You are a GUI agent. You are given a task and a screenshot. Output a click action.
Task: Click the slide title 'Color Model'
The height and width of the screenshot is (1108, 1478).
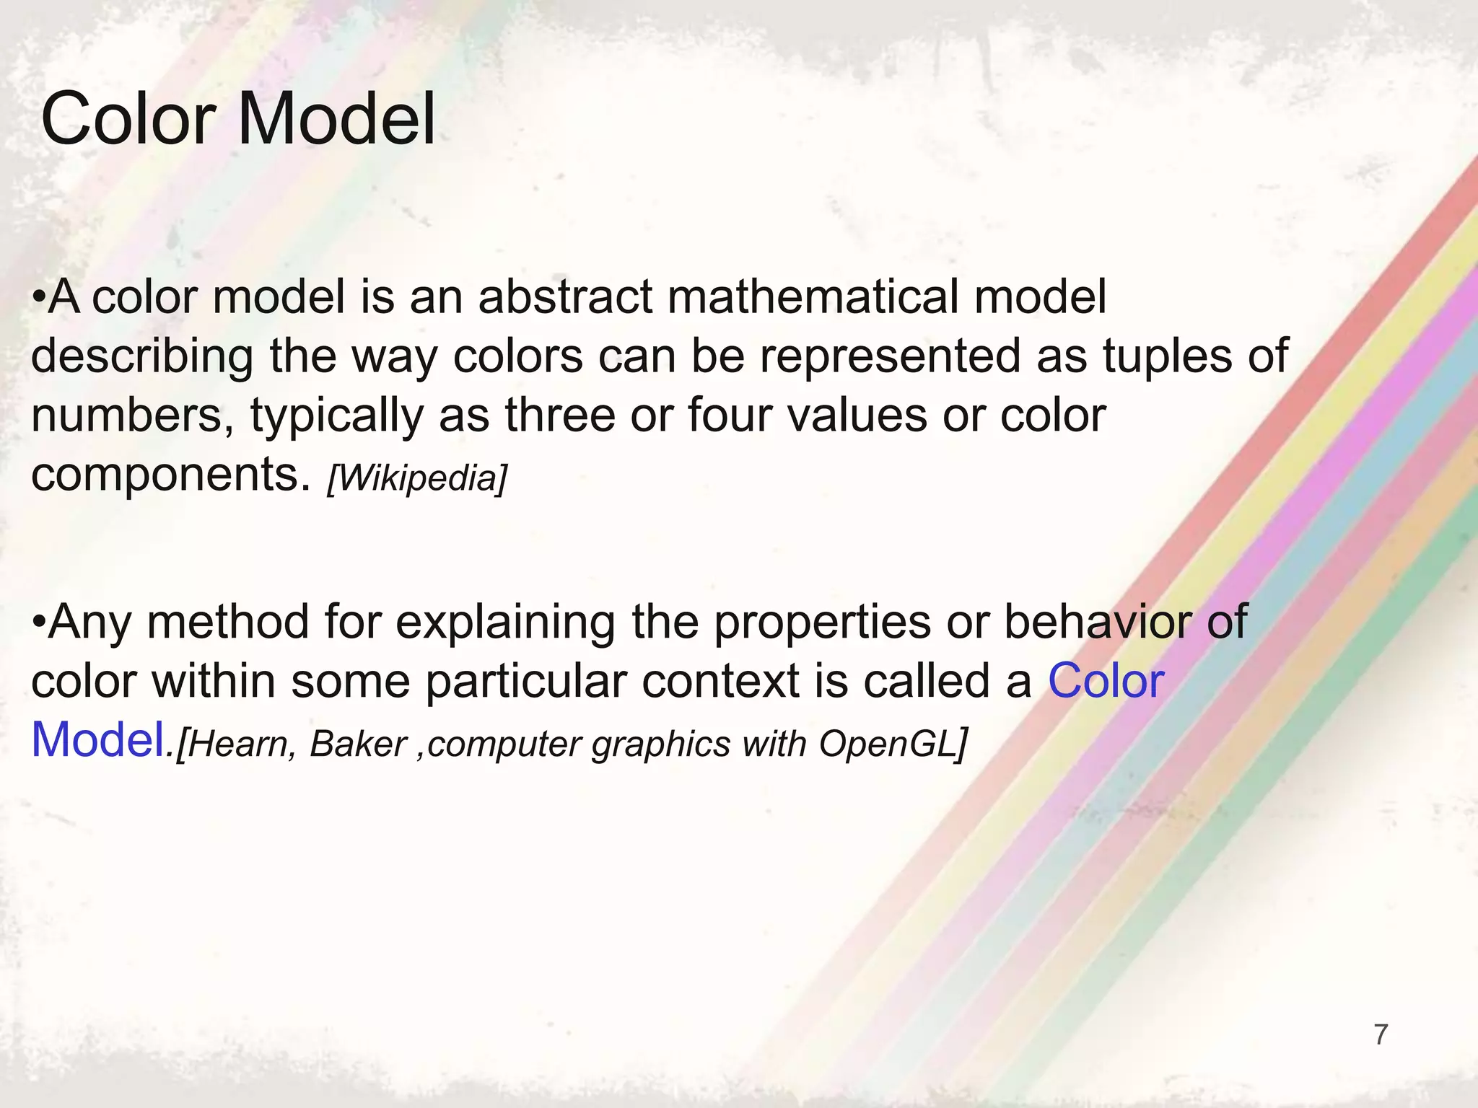(238, 119)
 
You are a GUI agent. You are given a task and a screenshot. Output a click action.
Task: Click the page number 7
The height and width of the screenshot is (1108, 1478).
(1381, 1034)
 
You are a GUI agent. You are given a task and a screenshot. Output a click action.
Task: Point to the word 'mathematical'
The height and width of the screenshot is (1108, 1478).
(813, 297)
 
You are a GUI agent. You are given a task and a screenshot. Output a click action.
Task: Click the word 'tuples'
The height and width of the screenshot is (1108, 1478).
(1163, 356)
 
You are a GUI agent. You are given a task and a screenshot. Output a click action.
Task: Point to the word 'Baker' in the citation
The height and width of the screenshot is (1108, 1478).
(358, 744)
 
